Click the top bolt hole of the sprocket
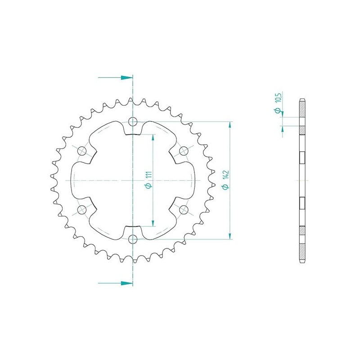[133, 121]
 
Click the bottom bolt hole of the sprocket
[133, 239]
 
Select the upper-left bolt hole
[82, 151]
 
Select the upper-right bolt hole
[184, 151]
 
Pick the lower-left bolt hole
[82, 210]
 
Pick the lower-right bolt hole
[184, 210]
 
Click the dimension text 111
[149, 175]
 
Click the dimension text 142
[226, 175]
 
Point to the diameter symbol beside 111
[149, 185]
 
